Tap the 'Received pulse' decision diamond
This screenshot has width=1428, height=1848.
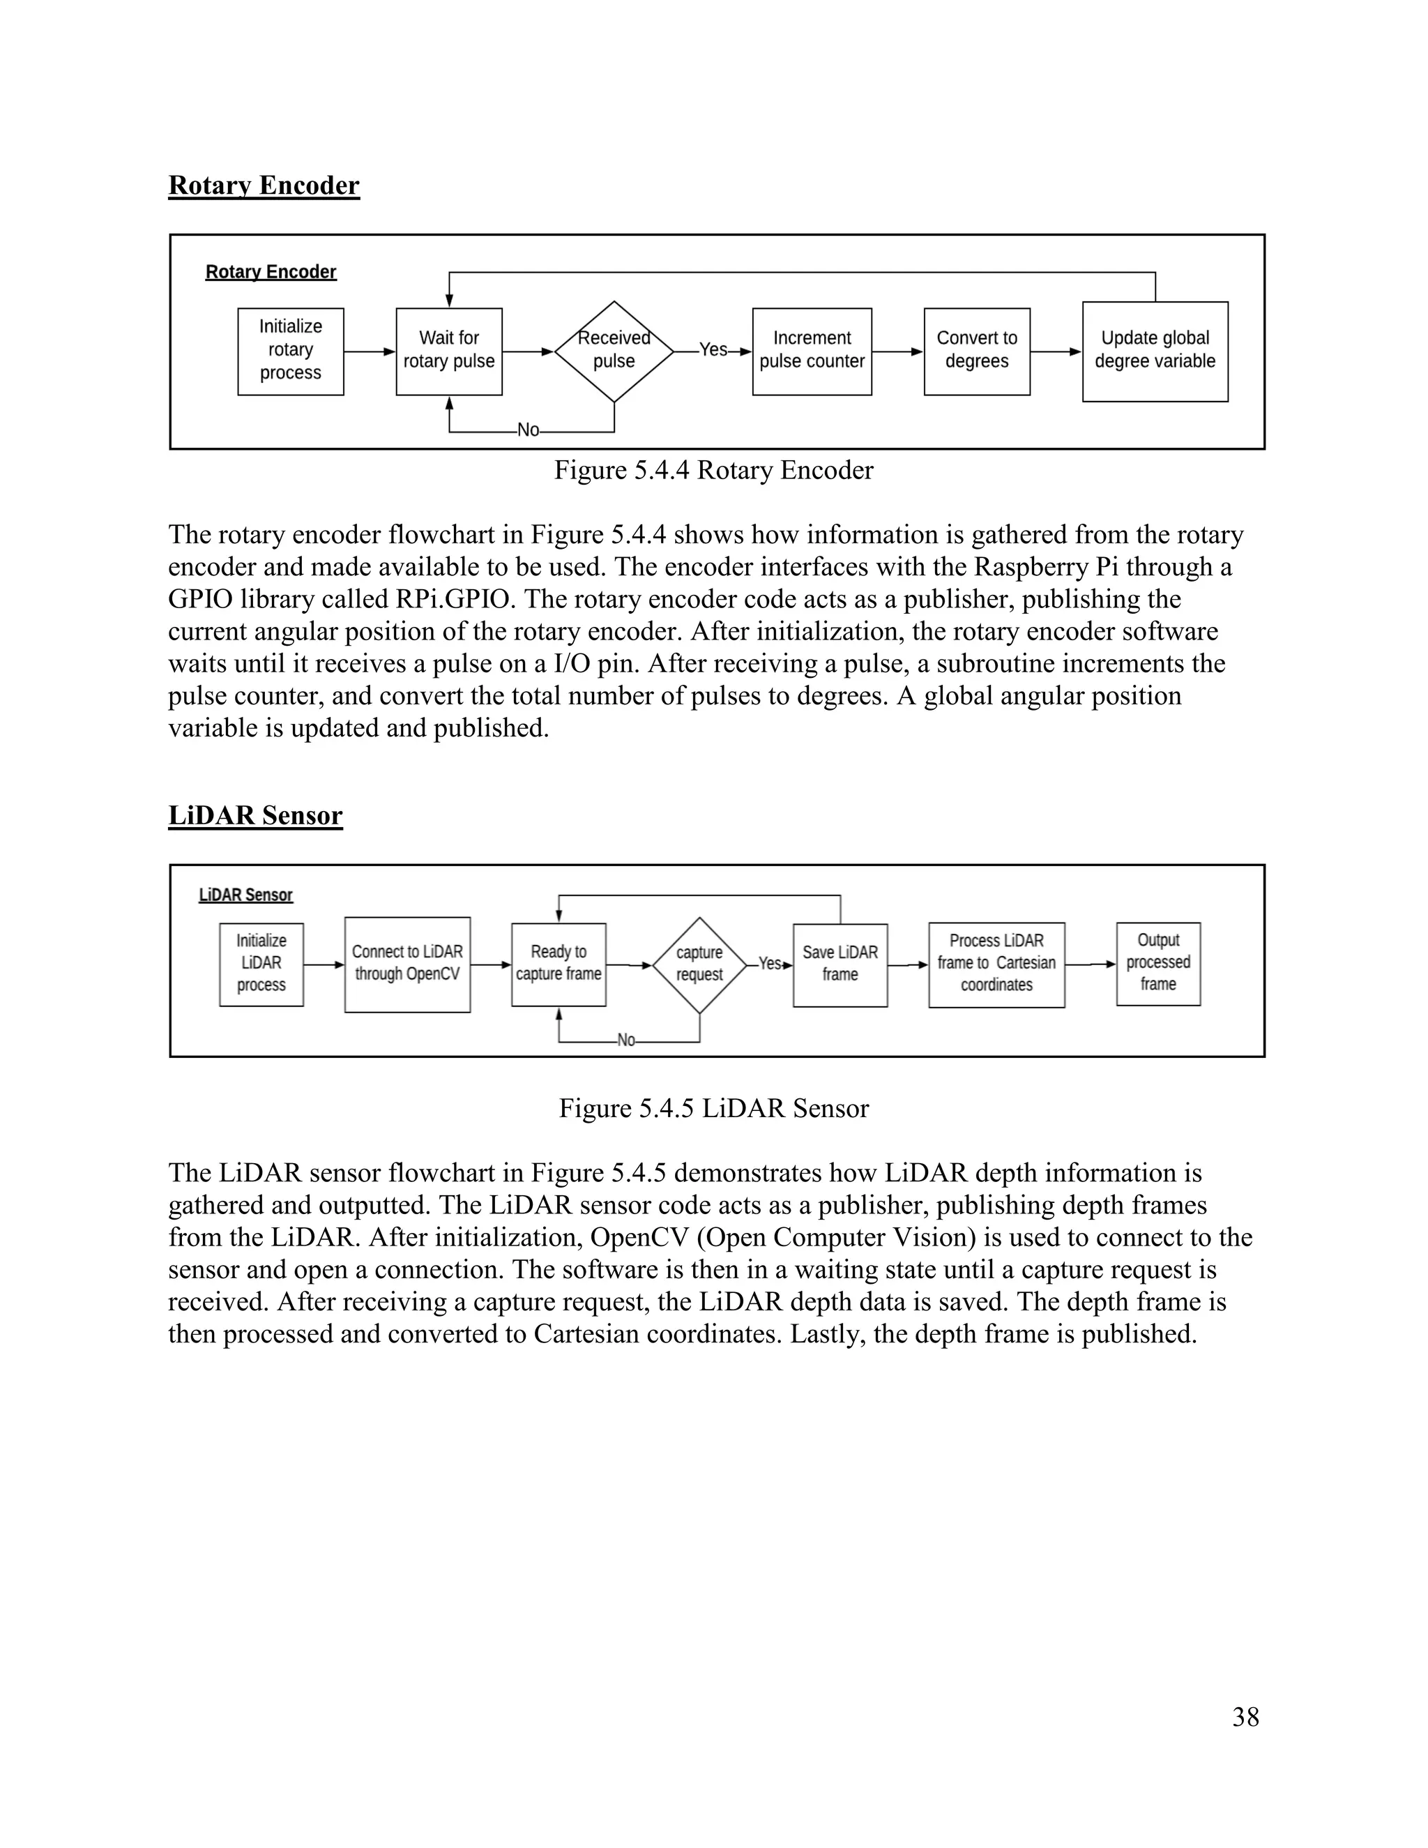614,350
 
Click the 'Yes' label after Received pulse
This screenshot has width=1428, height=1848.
713,349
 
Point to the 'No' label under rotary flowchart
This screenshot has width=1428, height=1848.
528,430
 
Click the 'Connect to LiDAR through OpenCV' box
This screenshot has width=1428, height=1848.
407,964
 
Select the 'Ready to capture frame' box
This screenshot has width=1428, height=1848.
559,964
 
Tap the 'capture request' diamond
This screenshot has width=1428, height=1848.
699,964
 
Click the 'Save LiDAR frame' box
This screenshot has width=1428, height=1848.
840,964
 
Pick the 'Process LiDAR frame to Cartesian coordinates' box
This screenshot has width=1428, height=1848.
996,964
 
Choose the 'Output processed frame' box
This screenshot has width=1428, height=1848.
1157,963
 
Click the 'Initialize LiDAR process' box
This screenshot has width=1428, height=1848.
261,964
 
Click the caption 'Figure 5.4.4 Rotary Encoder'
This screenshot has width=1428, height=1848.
713,471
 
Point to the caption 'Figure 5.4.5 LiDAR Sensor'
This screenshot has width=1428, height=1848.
713,1109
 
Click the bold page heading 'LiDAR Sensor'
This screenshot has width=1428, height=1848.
255,816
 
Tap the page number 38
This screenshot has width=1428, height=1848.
1245,1717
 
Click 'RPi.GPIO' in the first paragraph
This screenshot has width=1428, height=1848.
453,600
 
